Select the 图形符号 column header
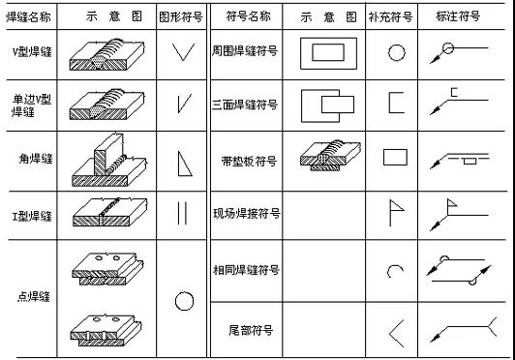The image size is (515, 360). pyautogui.click(x=180, y=16)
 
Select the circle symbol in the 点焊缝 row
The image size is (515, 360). pyautogui.click(x=184, y=301)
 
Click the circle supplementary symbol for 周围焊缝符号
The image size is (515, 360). pyautogui.click(x=396, y=52)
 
